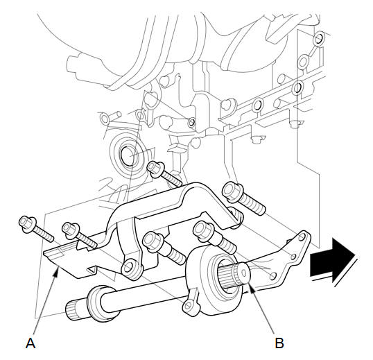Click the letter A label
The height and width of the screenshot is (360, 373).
pos(31,343)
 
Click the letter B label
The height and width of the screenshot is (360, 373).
pos(279,343)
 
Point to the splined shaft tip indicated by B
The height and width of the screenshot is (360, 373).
pos(244,271)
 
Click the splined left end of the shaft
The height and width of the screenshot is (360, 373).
pos(73,310)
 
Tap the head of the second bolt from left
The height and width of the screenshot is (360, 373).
pos(70,229)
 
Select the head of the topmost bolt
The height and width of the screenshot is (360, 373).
pos(155,169)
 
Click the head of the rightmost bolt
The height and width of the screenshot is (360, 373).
pos(232,191)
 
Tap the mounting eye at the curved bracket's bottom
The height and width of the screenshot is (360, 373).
pos(131,268)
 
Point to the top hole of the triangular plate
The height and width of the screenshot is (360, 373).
pos(302,237)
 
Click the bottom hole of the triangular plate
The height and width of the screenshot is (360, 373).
pos(273,276)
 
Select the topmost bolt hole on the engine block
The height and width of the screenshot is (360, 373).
pos(318,39)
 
